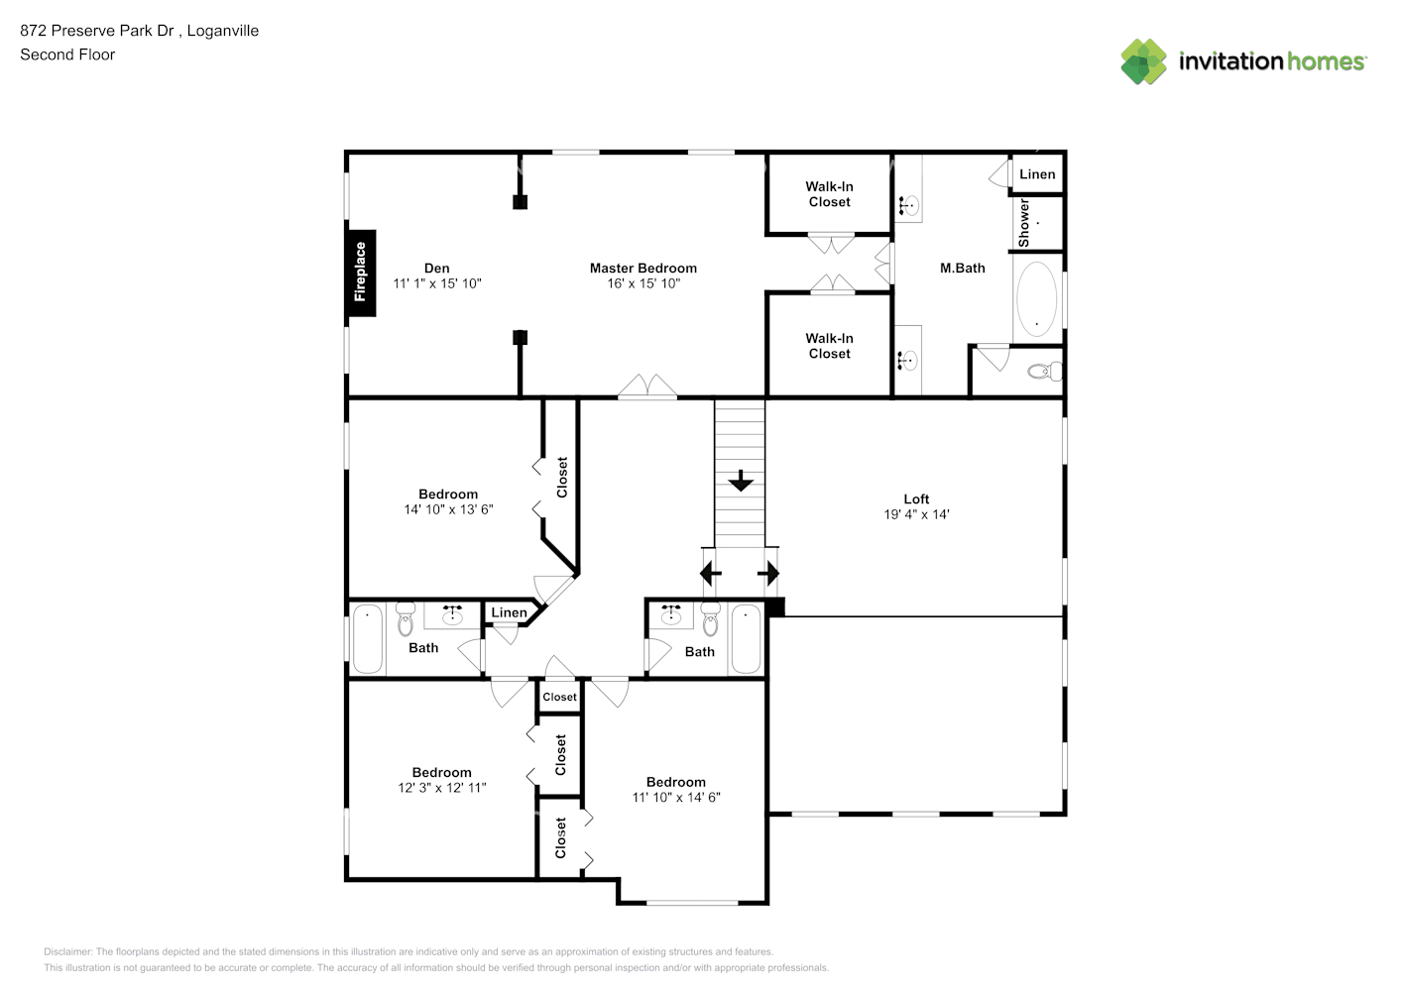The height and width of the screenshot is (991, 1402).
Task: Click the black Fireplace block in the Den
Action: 361,273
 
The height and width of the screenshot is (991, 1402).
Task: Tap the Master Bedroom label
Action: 643,268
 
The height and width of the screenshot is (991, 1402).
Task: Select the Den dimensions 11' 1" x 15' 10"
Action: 437,283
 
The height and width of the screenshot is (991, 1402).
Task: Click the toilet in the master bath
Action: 1045,372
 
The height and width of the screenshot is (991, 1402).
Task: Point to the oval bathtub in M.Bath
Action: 1036,298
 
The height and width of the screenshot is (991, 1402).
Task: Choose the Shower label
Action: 1024,223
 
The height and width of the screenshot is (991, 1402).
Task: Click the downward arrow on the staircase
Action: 741,481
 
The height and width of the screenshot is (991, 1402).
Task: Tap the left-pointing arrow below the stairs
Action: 710,573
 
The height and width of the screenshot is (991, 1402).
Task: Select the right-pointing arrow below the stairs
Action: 768,573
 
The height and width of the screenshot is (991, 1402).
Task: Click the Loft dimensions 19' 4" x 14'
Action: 916,514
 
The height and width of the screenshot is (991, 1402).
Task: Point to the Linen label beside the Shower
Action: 1037,174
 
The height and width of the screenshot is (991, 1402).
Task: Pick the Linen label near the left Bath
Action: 509,612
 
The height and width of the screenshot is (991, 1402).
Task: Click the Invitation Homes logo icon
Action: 1143,61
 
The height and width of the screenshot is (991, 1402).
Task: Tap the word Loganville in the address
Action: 222,31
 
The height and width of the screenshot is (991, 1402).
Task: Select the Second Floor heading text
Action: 67,55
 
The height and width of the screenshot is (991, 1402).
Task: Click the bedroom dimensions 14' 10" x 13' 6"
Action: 448,509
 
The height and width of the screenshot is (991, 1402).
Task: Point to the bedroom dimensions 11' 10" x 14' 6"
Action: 676,797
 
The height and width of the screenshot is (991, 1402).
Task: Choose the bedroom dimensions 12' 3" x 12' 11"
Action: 442,788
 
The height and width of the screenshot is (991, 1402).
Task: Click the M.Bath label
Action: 962,268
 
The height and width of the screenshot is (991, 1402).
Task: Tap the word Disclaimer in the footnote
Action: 67,951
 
